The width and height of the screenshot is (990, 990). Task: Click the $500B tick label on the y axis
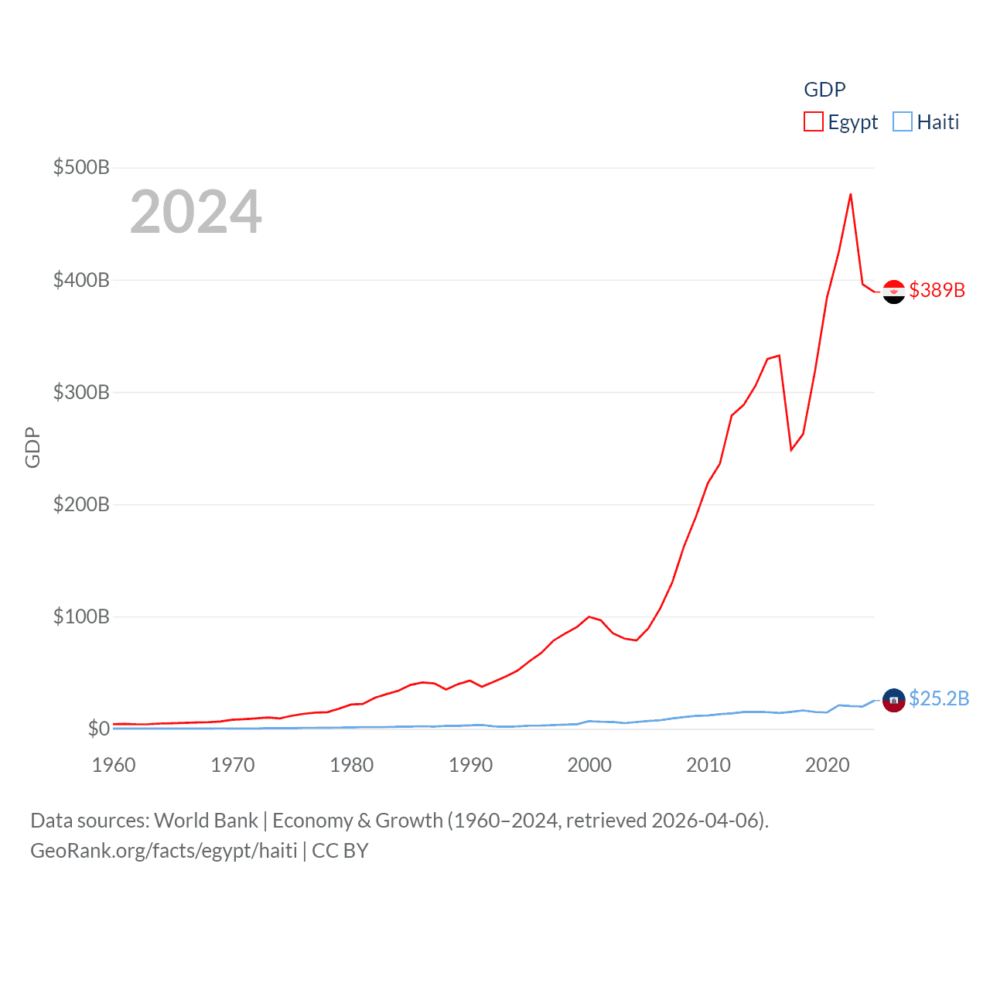point(81,167)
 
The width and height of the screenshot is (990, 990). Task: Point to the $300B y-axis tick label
point(81,392)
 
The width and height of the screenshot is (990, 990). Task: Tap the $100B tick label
point(81,616)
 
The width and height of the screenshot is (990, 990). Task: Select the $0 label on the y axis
point(98,729)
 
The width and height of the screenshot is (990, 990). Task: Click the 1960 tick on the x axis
point(114,765)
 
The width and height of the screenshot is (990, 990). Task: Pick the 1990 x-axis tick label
point(470,765)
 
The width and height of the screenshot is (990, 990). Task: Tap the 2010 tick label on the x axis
point(708,765)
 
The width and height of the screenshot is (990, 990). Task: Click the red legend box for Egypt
point(814,121)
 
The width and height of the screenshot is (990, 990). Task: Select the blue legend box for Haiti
point(903,121)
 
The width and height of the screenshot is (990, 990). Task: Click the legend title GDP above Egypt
point(824,90)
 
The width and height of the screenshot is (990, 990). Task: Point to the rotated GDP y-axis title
point(32,447)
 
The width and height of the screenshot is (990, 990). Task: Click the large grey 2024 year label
point(196,212)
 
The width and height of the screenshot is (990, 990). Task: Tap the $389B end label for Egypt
point(937,290)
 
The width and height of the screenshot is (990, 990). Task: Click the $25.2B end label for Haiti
point(939,698)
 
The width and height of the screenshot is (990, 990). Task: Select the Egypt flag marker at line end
point(894,292)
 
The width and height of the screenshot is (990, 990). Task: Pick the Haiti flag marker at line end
point(894,700)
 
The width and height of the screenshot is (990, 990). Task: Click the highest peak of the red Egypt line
point(851,194)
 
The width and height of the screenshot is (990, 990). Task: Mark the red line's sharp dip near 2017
point(791,449)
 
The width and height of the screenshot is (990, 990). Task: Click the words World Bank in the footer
point(207,821)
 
